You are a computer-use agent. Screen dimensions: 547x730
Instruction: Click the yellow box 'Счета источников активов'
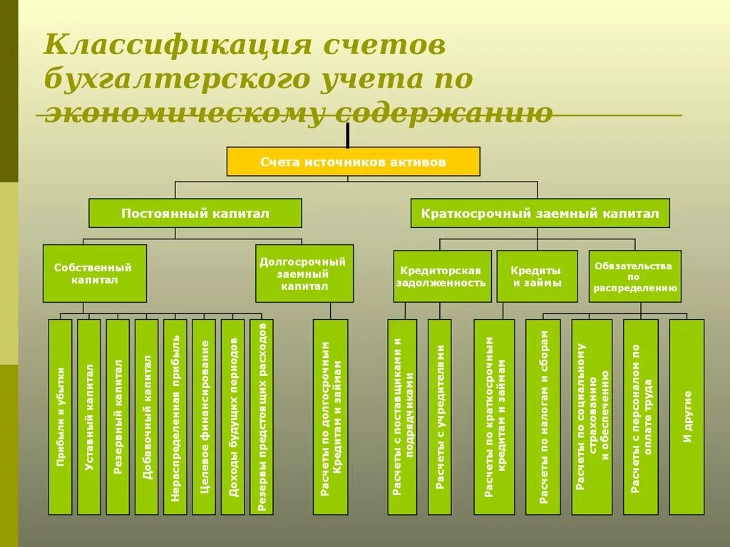click(x=353, y=162)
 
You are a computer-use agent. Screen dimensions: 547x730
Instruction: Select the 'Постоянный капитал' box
click(x=195, y=213)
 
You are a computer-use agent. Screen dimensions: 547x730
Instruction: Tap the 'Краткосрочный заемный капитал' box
click(x=540, y=213)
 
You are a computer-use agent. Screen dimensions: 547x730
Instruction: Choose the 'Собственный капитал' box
click(x=94, y=273)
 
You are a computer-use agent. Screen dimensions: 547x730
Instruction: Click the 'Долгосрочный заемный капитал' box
click(x=304, y=273)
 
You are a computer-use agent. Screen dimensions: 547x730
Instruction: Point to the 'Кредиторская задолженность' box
click(x=442, y=276)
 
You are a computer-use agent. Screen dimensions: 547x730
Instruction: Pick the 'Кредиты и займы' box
click(x=537, y=276)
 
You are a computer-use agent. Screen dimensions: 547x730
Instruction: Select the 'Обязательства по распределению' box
click(x=634, y=276)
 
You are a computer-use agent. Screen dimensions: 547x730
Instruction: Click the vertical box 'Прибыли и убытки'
click(x=61, y=417)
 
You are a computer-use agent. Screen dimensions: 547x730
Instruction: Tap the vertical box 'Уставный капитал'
click(x=89, y=417)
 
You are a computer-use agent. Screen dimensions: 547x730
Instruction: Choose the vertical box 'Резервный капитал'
click(x=118, y=417)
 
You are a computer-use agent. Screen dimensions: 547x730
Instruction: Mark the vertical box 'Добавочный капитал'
click(x=147, y=417)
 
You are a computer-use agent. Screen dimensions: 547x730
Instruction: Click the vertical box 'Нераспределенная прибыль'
click(x=175, y=417)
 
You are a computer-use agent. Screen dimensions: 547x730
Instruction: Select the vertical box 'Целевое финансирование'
click(x=204, y=417)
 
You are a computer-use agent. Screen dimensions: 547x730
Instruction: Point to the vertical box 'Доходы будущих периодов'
click(x=232, y=417)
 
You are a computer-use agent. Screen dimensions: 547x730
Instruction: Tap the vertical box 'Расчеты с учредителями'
click(x=440, y=417)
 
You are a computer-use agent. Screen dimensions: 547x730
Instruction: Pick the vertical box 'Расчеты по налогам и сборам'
click(x=543, y=417)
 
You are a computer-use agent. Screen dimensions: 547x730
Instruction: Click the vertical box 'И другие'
click(x=687, y=417)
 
